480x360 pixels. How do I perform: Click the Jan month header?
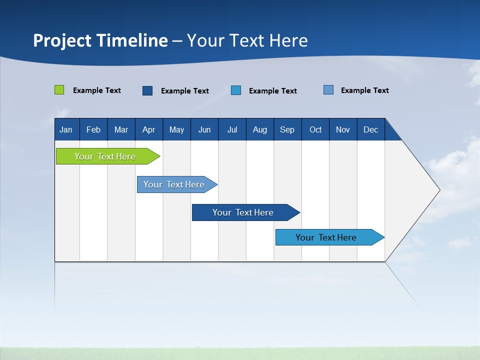[x=66, y=129]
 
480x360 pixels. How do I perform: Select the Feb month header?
[x=93, y=129]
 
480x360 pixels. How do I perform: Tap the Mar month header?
[x=121, y=129]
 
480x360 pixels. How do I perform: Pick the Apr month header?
[x=149, y=129]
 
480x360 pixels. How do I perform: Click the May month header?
[x=176, y=129]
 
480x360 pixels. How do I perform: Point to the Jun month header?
[x=204, y=129]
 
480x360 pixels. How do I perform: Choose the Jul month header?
[x=232, y=129]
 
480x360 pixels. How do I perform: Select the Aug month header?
[x=260, y=129]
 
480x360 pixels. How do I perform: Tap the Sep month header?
[x=287, y=129]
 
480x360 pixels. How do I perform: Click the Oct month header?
[x=315, y=129]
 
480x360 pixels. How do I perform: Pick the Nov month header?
[x=343, y=129]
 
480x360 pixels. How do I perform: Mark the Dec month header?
[x=371, y=129]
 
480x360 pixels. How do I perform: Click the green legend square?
[x=59, y=90]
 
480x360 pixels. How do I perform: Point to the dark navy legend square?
[x=147, y=90]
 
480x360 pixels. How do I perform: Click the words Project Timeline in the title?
[x=100, y=40]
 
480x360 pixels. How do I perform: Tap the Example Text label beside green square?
[x=97, y=90]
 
